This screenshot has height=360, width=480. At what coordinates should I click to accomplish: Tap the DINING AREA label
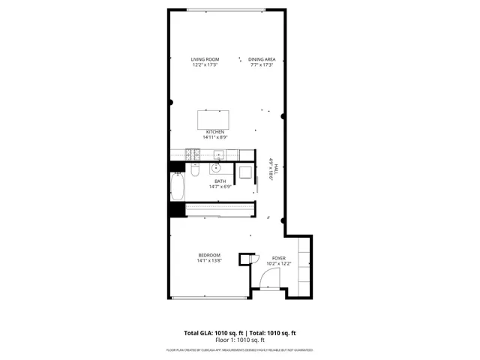[x=261, y=59]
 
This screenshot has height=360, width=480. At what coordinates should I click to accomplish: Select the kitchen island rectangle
[x=214, y=120]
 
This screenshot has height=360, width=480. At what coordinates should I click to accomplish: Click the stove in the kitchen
[x=192, y=156]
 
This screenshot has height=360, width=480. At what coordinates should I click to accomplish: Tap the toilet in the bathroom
[x=194, y=171]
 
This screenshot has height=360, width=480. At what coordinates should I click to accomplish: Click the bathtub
[x=177, y=187]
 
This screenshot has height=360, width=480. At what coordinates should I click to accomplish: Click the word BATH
[x=220, y=181]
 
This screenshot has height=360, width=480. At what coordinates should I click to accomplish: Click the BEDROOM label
[x=208, y=256]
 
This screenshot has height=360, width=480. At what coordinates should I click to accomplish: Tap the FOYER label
[x=279, y=258]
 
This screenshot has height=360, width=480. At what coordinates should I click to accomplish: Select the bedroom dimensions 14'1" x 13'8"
[x=208, y=261]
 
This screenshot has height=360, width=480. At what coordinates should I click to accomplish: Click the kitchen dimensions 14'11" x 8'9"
[x=215, y=137]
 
